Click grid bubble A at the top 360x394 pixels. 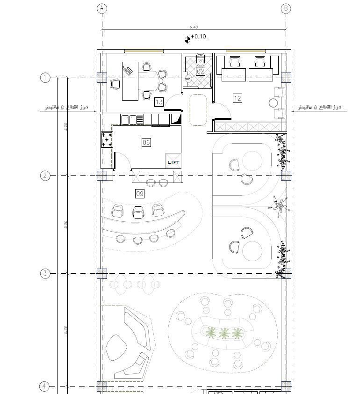[102, 8]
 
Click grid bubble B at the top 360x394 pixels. [286, 8]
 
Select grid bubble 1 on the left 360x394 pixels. [45, 78]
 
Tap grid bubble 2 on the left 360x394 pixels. [45, 175]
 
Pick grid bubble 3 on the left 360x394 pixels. [45, 273]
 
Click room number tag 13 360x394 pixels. [159, 102]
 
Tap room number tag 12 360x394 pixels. [238, 98]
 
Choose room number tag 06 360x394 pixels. [146, 142]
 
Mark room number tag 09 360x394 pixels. [139, 193]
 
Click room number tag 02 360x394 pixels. [201, 71]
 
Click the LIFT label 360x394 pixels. [173, 162]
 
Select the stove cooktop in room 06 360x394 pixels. [107, 139]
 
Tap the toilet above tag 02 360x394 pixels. [201, 59]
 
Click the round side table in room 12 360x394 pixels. [274, 102]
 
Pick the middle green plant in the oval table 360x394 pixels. [225, 333]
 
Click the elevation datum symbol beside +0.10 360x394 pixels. [187, 39]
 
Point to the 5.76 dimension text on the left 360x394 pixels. [66, 329]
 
